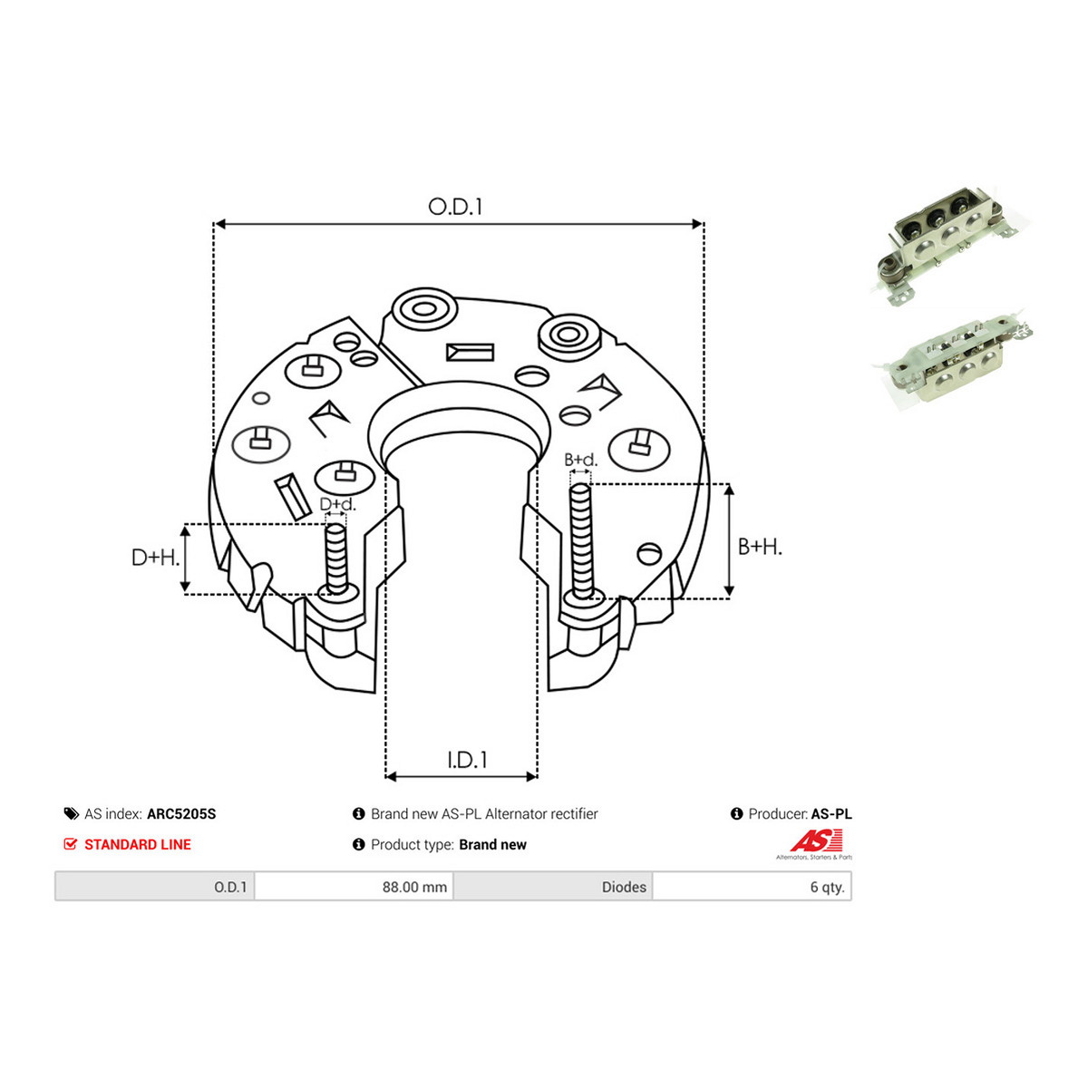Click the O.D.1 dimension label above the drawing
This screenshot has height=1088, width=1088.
click(x=454, y=208)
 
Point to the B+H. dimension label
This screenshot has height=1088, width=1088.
click(x=760, y=547)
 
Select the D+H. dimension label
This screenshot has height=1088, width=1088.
click(x=155, y=558)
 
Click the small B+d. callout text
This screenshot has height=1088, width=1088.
click(x=580, y=460)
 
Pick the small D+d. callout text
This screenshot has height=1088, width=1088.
click(x=337, y=504)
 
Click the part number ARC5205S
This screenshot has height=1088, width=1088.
click(x=181, y=813)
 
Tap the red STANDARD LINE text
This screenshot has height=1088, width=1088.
click(x=138, y=844)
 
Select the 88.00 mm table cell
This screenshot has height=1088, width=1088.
click(x=354, y=887)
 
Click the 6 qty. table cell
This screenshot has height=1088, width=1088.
click(x=752, y=887)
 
